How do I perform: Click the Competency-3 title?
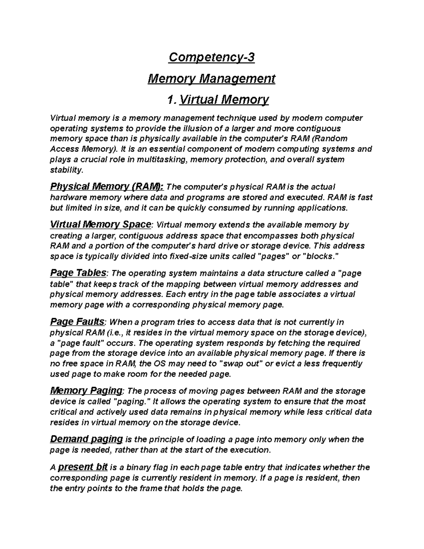(x=211, y=57)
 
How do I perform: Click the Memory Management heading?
(x=211, y=78)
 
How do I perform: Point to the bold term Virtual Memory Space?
(x=101, y=224)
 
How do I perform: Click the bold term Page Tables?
(x=78, y=273)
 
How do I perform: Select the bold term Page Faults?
(x=77, y=322)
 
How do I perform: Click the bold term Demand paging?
(x=86, y=439)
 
